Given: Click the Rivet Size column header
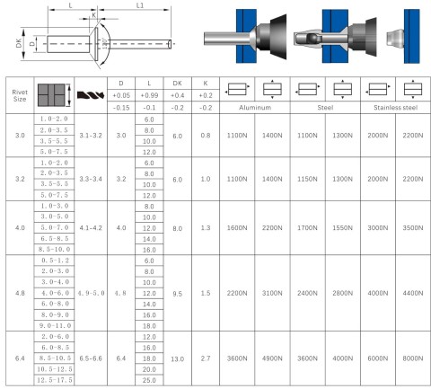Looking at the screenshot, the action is [x=20, y=95].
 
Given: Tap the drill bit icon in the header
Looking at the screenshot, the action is [x=91, y=95].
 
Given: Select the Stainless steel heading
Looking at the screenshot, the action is [x=395, y=108].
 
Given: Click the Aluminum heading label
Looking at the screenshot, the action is [x=255, y=108].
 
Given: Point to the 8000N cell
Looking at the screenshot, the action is [x=413, y=358].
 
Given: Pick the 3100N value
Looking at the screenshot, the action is [x=272, y=293].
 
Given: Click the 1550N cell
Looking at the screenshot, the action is [x=342, y=228].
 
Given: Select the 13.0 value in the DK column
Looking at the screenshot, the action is [x=177, y=358].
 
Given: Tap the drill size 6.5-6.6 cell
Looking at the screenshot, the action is [x=91, y=358].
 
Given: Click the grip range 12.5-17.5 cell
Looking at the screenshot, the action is [x=55, y=380].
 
